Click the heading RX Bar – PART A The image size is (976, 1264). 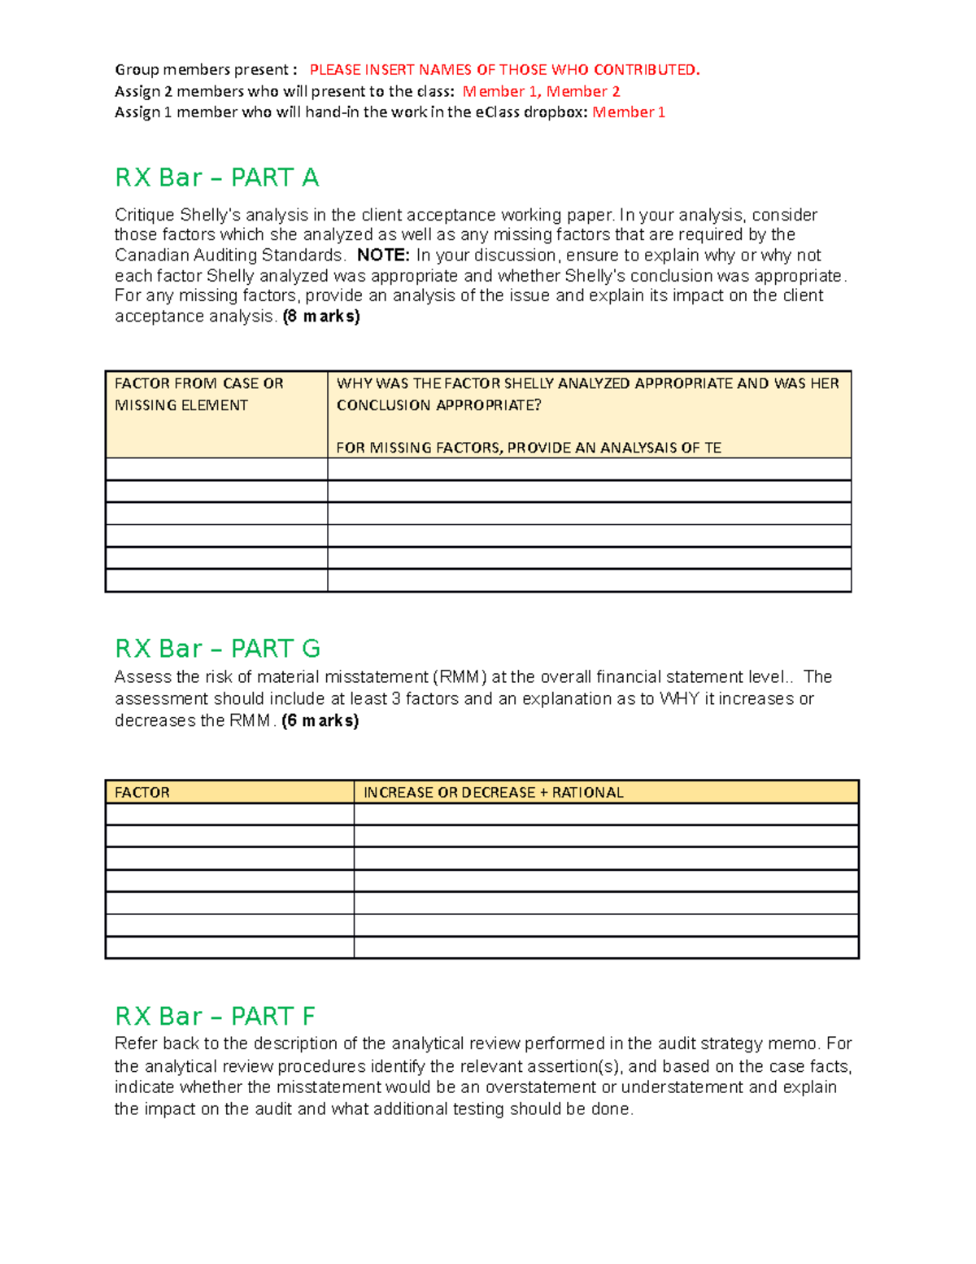click(x=216, y=177)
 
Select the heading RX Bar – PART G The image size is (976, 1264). click(x=217, y=649)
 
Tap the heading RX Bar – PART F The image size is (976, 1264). click(x=215, y=1016)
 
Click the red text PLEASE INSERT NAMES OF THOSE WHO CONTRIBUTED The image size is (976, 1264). click(x=504, y=70)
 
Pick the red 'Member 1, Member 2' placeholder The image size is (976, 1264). click(x=541, y=91)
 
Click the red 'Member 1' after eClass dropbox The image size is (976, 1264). click(x=629, y=112)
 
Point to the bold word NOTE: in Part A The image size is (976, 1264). click(x=383, y=256)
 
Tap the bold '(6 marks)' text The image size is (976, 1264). click(x=320, y=721)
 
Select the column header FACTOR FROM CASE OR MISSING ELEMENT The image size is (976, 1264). click(x=198, y=394)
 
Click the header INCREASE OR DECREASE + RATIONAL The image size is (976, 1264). click(x=493, y=793)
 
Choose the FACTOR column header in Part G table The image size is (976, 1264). click(x=142, y=793)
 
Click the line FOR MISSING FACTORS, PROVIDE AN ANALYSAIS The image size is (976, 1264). click(x=529, y=448)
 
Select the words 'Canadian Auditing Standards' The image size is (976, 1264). click(x=230, y=256)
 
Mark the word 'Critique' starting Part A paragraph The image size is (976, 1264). click(x=144, y=215)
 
